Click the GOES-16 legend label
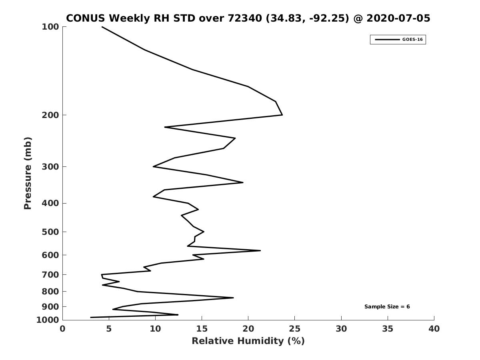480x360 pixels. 412,40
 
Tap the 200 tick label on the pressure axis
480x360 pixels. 50,115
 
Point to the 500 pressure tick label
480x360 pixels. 50,232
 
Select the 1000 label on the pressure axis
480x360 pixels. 48,320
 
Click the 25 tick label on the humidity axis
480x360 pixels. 294,329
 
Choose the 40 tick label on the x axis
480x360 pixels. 434,329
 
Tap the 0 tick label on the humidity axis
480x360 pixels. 62,329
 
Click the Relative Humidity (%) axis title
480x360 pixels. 248,341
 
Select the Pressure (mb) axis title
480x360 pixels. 28,173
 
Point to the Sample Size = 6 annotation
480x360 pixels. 387,307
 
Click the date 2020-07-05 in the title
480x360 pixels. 398,18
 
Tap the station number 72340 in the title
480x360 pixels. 245,18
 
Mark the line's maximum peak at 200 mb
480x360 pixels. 282,115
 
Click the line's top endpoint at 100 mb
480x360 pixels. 102,27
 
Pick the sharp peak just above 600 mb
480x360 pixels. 260,250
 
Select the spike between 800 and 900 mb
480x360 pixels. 233,298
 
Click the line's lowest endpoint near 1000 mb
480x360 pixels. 90,317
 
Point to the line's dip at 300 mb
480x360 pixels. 153,166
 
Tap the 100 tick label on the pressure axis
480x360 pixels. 50,27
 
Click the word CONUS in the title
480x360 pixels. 86,18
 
